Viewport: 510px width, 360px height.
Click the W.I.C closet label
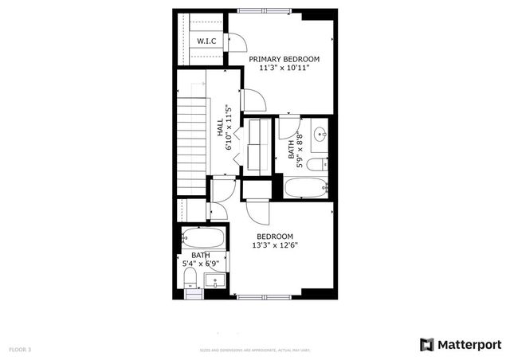tap(206, 41)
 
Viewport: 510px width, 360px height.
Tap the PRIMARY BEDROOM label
tap(284, 59)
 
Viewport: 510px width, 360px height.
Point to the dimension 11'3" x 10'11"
tap(284, 68)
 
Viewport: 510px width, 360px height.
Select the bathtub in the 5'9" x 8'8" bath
tap(305, 188)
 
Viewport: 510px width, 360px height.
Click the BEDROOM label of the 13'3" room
tap(275, 237)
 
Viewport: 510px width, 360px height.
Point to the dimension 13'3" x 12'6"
tap(275, 246)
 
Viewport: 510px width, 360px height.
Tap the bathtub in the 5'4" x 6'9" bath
tap(202, 237)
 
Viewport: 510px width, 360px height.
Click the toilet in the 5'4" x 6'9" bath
tap(190, 277)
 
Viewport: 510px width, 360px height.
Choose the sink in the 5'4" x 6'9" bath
tap(214, 280)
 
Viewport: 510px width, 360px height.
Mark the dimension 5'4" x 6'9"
tap(200, 263)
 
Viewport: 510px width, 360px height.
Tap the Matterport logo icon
tap(427, 344)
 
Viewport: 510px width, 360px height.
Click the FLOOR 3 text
tap(20, 349)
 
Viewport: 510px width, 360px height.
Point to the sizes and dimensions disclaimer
tap(255, 350)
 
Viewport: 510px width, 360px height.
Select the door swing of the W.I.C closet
tap(237, 43)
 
